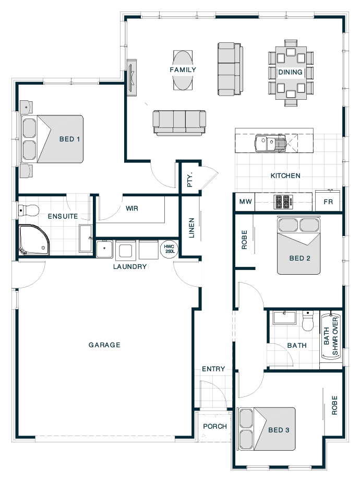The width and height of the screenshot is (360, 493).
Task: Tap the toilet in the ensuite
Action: pos(28,210)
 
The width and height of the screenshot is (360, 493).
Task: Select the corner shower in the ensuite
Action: pos(33,240)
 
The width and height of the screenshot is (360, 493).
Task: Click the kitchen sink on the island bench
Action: pos(270,144)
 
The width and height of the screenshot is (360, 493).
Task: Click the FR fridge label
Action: pos(328,202)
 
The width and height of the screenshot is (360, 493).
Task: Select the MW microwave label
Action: pos(245,202)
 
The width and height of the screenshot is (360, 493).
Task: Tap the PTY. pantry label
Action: pos(190,180)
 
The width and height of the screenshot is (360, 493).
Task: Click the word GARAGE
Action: pos(104,345)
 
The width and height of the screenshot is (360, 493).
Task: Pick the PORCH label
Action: pos(215,426)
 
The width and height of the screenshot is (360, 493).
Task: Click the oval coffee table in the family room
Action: pos(183,71)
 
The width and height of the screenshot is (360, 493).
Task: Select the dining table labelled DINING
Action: pos(291,73)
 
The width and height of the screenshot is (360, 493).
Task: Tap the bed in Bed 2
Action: pos(299,245)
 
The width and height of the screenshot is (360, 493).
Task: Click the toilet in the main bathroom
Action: pos(308,321)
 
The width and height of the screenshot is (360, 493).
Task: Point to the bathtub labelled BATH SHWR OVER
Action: pos(331,336)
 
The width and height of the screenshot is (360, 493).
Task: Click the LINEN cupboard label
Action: pos(191,228)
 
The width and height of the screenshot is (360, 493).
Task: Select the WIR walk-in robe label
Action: pos(132,208)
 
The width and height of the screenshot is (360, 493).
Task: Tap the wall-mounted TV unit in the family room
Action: pos(131,78)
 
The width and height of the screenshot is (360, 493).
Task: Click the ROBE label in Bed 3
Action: pos(334,405)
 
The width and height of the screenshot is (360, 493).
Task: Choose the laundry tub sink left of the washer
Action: pos(104,249)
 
